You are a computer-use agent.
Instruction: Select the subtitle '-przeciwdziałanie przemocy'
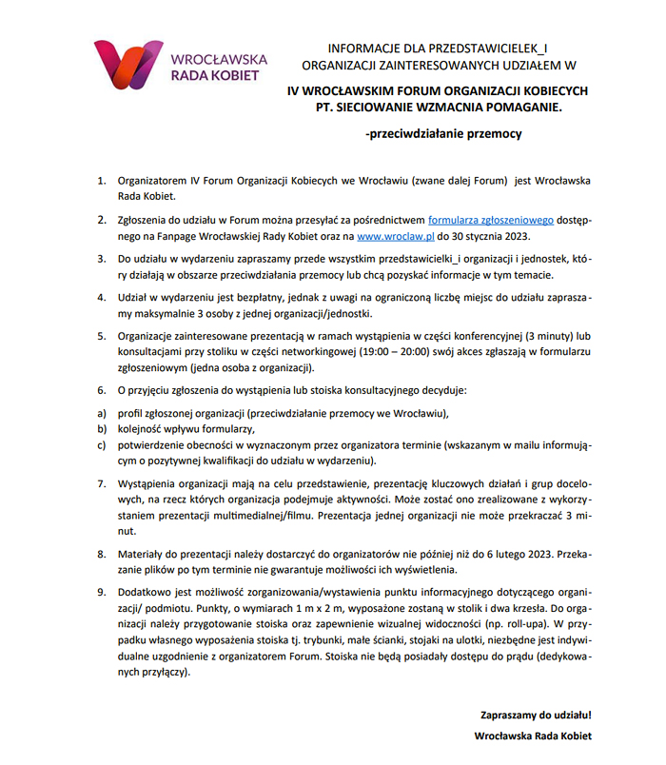(443, 134)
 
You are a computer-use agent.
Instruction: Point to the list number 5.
(102, 336)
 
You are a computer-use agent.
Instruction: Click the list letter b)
(101, 429)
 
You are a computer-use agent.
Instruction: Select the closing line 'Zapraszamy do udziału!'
(537, 714)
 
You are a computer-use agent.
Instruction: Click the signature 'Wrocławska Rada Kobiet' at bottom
(534, 736)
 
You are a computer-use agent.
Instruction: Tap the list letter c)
(101, 445)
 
